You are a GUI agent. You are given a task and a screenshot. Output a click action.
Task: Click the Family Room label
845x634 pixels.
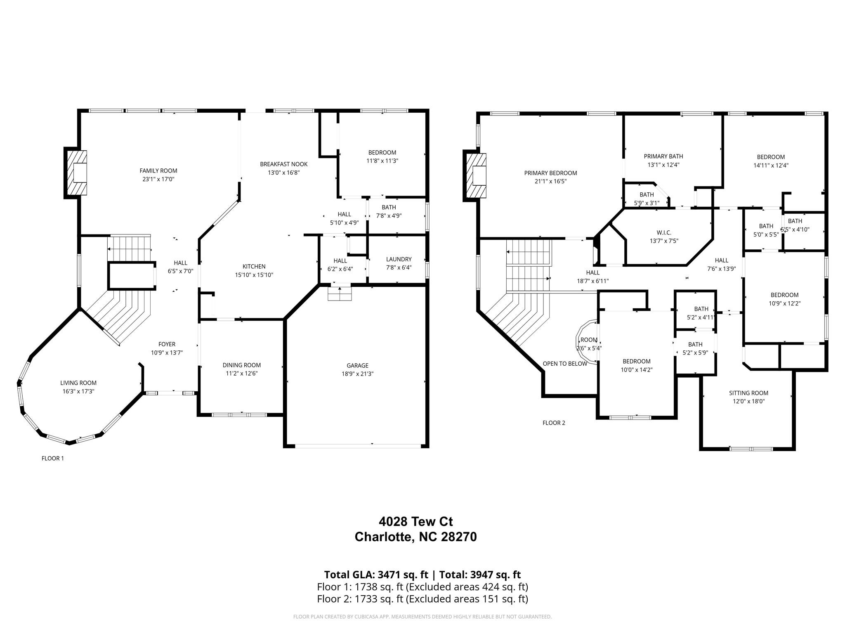(x=158, y=170)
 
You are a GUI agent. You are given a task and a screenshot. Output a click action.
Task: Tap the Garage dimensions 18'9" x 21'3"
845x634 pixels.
(x=357, y=374)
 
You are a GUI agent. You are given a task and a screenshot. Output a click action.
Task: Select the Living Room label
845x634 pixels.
(x=78, y=383)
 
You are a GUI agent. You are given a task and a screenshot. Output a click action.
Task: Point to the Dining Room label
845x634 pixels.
(x=242, y=365)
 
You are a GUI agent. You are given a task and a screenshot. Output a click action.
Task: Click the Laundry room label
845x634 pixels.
(x=399, y=259)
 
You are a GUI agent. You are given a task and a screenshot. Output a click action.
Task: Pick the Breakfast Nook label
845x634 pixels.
(x=284, y=164)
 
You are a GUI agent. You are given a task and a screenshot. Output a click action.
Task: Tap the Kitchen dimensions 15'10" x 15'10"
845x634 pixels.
(x=254, y=275)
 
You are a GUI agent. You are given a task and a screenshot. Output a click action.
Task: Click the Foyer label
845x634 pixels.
(x=167, y=344)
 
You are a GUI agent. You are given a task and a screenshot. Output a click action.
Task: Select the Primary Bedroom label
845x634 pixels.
(x=551, y=173)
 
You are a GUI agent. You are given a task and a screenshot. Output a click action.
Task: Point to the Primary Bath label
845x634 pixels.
(x=663, y=156)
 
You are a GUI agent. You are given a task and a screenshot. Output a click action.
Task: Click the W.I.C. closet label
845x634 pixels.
(x=664, y=233)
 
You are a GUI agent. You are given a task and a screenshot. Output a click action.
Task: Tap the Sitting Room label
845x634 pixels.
(x=748, y=393)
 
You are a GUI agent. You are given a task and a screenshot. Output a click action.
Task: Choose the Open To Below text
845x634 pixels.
(x=565, y=364)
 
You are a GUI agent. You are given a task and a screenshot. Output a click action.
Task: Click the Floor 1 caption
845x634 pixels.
(x=53, y=458)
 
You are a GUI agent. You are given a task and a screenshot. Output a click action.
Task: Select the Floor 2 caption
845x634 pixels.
(x=554, y=423)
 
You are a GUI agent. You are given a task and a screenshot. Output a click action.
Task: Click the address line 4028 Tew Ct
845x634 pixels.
(x=416, y=522)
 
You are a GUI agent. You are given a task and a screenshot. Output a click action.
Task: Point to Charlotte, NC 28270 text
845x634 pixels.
(x=416, y=537)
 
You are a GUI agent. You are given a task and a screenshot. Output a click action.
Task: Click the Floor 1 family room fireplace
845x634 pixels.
(x=76, y=173)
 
